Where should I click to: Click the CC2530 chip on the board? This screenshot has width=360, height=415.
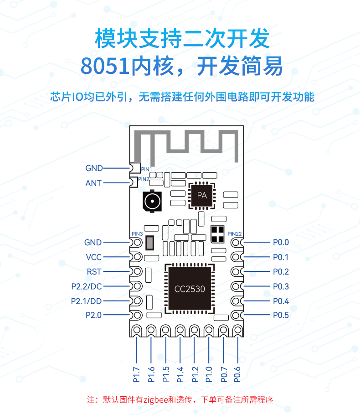point(190,288)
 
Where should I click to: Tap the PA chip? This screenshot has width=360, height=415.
point(202,195)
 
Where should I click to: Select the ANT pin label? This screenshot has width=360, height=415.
point(93,183)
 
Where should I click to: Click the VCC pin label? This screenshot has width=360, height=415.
point(93,257)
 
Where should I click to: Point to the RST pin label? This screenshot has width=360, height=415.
point(94,272)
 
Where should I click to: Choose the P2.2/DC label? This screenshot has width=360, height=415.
point(87,286)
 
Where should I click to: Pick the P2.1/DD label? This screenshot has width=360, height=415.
point(86,301)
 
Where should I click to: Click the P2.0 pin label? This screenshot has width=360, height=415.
point(93,315)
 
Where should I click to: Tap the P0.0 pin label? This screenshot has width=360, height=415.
point(281,242)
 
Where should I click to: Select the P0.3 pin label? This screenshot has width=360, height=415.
point(281,286)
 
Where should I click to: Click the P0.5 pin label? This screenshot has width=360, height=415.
point(281,315)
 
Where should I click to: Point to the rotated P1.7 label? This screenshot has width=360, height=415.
point(136,374)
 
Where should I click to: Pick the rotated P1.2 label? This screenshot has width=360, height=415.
point(195,374)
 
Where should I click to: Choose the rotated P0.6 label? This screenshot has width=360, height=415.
point(237,374)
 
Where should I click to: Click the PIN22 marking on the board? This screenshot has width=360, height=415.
point(235,233)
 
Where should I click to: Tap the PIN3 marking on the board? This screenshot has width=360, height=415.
point(137,233)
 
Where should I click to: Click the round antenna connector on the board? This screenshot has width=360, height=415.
point(152,201)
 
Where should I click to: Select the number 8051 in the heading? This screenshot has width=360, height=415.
point(105,66)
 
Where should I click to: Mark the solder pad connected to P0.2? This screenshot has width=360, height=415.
point(237,271)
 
